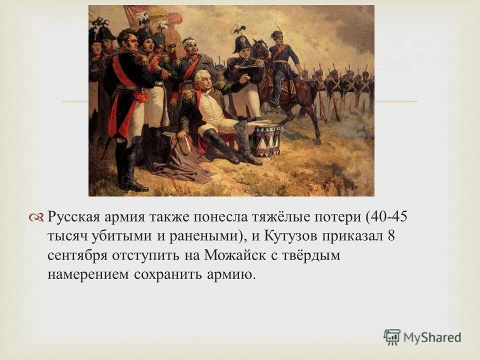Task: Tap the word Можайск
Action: pos(231,255)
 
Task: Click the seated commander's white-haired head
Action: pos(201,79)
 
